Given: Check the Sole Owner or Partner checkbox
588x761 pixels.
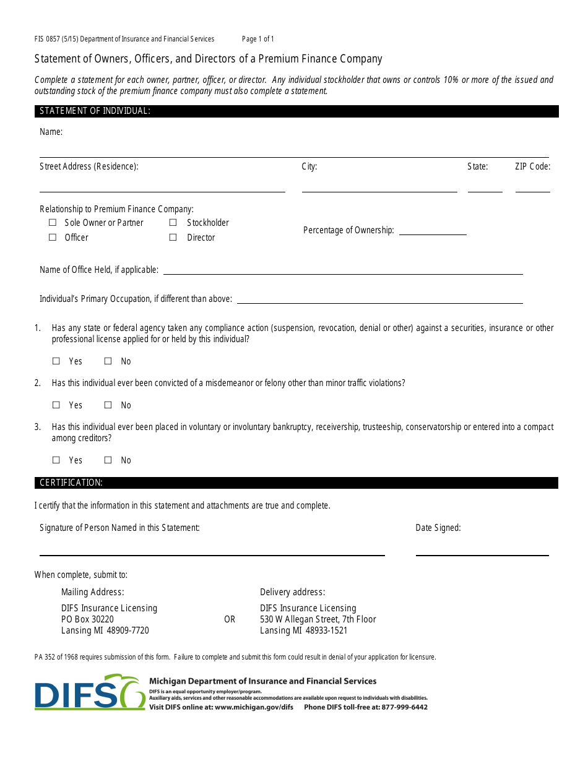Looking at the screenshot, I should [x=53, y=223].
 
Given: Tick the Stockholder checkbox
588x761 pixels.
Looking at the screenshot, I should [x=173, y=223].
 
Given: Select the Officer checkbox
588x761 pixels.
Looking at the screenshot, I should [x=53, y=238].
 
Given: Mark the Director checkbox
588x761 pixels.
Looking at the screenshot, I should [x=173, y=238].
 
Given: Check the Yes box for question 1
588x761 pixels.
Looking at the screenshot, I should [x=56, y=361].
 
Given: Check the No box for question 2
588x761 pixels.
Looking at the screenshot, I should [x=108, y=405].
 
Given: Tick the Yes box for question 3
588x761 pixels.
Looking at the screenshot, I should [x=56, y=460].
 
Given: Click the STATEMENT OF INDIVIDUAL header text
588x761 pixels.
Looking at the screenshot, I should [x=95, y=111].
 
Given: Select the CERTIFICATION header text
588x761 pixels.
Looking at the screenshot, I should [x=71, y=483].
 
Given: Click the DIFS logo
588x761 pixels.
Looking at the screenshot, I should [x=90, y=692].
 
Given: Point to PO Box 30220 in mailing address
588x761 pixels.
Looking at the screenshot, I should [x=87, y=619].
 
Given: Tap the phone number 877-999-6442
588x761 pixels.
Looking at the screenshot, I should [x=404, y=707].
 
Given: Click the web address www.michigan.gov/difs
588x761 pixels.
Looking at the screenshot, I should [x=254, y=707].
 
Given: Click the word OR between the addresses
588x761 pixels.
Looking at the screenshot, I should [x=230, y=619].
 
